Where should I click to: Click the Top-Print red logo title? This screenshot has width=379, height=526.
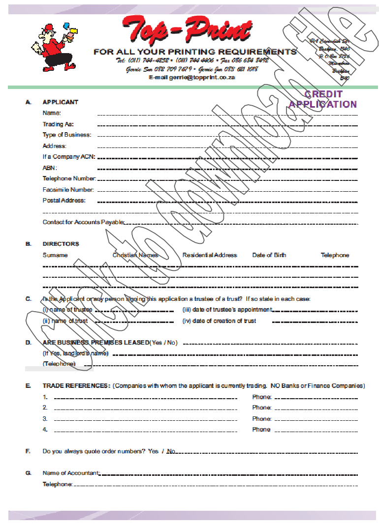point(187,30)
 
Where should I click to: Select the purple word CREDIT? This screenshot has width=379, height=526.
point(323,94)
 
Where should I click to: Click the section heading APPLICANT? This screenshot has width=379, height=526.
point(61,102)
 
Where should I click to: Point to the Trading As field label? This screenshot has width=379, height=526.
point(58,124)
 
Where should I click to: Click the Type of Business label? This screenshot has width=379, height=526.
point(66,135)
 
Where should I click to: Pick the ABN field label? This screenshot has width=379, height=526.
point(50,168)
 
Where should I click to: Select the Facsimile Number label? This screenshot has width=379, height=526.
point(68,190)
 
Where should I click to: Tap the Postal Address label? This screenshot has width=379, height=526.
point(64,201)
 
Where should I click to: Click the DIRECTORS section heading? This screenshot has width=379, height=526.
point(61,244)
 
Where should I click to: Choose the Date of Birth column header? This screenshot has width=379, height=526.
point(269,255)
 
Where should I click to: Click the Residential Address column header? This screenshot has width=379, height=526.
point(210,255)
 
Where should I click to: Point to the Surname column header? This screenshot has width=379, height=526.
point(55,255)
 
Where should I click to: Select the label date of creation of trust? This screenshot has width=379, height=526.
point(220,321)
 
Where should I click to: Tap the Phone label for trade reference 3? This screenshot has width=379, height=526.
point(262,419)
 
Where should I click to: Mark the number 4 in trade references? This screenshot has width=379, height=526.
point(45,430)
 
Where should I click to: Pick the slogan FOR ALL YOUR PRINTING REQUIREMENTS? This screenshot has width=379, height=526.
point(195,52)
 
